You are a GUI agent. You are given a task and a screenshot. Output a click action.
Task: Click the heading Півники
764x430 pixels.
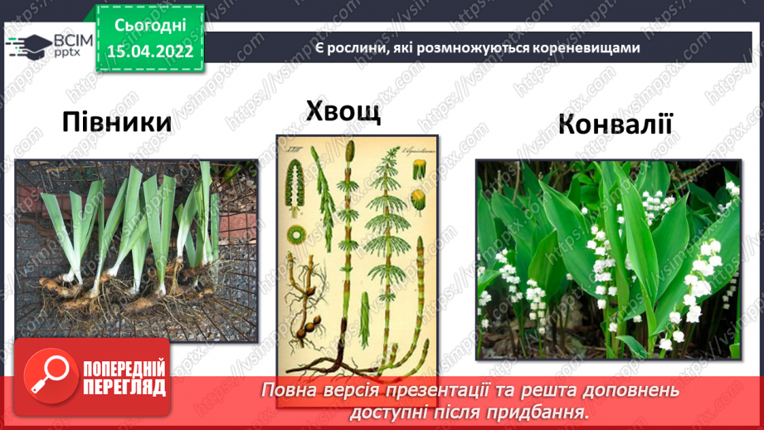pos(116,123)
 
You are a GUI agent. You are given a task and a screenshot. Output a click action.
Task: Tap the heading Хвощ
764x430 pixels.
pos(343,110)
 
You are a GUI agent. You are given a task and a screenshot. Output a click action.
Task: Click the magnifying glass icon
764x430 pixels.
pos(47,377)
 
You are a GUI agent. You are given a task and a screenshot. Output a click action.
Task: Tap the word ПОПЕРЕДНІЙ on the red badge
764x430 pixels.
pos(124,369)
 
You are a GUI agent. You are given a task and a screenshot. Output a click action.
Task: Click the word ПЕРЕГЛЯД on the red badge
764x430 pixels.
pos(124,388)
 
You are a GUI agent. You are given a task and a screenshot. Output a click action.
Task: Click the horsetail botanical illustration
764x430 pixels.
pos(356,253)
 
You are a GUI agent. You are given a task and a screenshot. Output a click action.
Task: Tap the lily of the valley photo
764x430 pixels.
pos(607,260)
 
